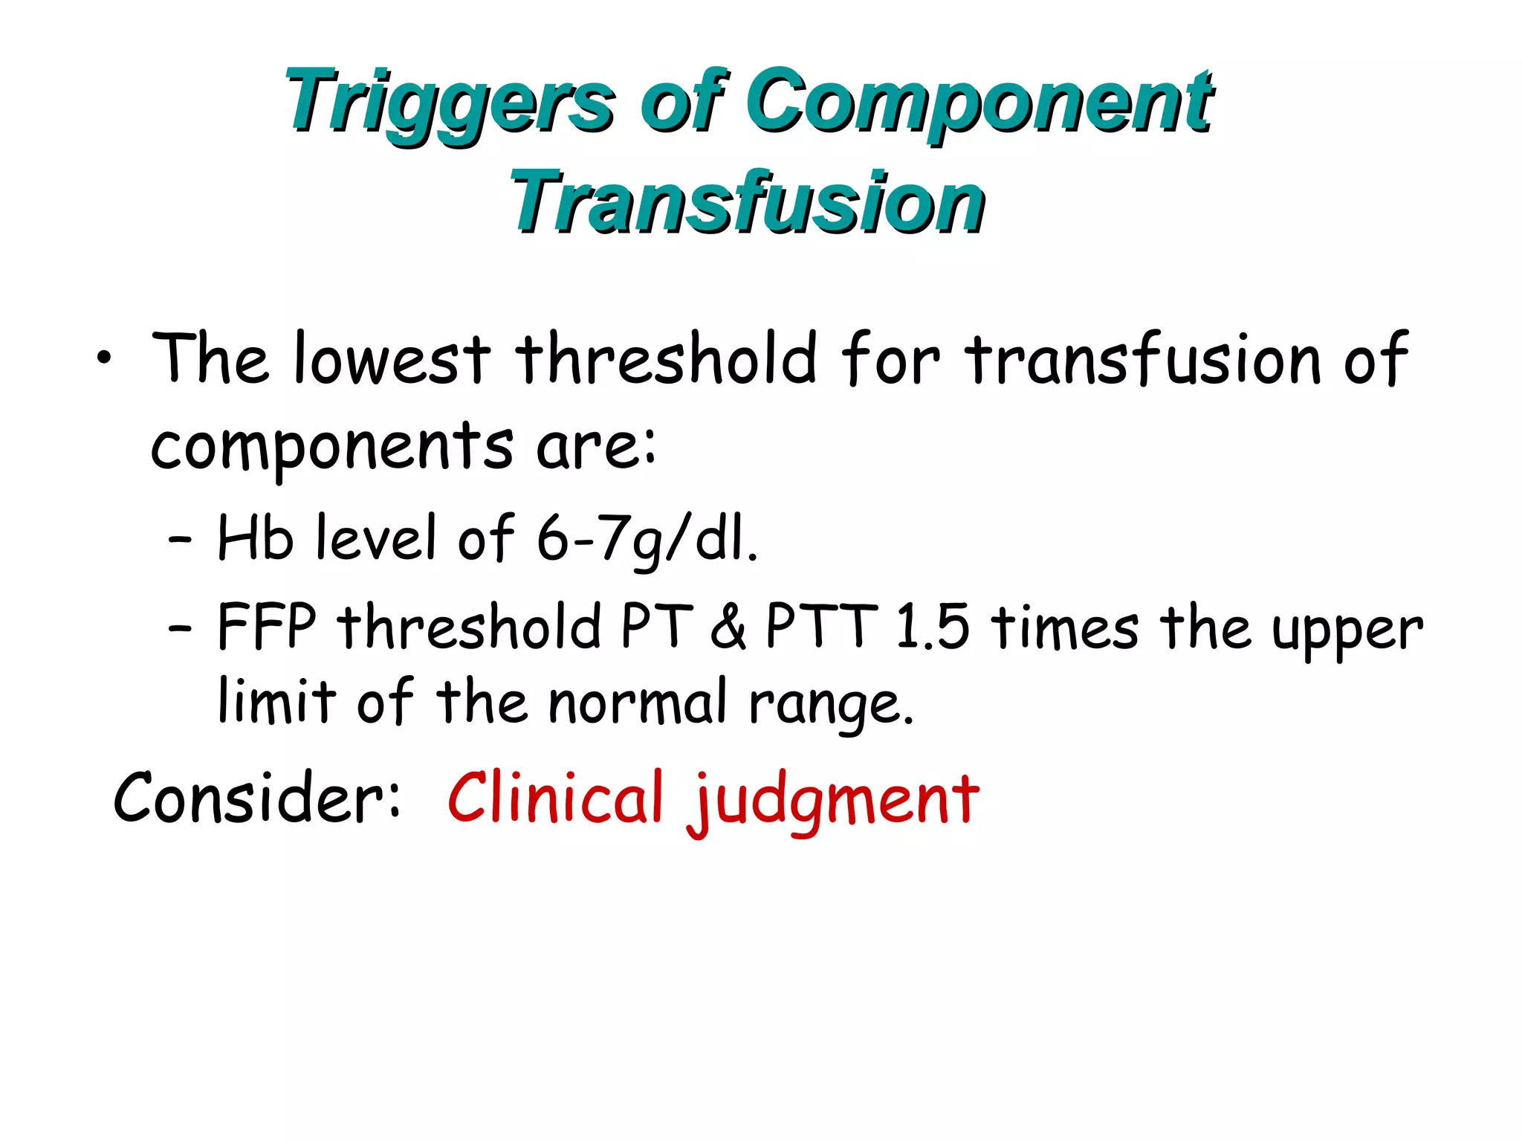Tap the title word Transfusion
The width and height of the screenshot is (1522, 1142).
[x=746, y=202]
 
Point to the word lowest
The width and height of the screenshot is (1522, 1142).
[x=392, y=359]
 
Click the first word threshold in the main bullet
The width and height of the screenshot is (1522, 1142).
[x=666, y=359]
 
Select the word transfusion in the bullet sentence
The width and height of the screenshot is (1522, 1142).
[x=1144, y=359]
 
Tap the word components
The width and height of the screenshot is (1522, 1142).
[x=331, y=448]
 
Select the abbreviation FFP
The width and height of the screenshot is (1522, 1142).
[x=267, y=627]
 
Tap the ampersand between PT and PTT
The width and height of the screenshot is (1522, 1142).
[x=728, y=627]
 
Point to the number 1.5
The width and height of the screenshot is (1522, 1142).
[x=932, y=627]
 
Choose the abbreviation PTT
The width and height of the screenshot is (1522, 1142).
[x=821, y=627]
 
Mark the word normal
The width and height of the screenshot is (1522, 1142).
[x=638, y=703]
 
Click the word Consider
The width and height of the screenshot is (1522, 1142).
[x=256, y=798]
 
